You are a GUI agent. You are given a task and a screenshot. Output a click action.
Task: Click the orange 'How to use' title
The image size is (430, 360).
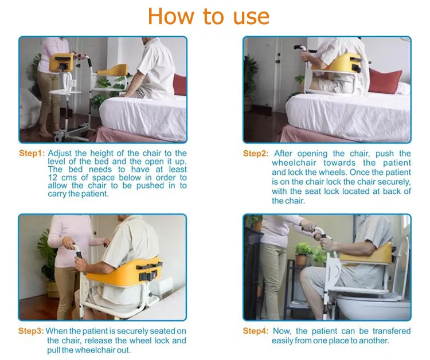click(209, 17)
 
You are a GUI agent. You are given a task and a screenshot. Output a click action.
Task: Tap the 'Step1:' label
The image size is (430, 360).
click(32, 153)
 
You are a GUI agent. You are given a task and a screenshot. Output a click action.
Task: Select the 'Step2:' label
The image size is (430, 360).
click(256, 153)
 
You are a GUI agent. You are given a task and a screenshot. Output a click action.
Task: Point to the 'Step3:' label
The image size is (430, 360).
click(31, 331)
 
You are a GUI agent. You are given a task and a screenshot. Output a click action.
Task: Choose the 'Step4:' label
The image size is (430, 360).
click(256, 331)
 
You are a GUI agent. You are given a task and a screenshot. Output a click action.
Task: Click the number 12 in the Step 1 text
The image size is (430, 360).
click(53, 178)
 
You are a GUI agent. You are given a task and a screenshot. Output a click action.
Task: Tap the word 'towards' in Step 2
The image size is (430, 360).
click(339, 163)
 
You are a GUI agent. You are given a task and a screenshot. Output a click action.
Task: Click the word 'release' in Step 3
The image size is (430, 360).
click(99, 341)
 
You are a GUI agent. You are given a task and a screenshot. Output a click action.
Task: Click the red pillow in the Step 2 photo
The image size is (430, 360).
click(385, 81)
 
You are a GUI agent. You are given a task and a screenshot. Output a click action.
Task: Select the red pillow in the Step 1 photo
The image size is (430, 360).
click(180, 85)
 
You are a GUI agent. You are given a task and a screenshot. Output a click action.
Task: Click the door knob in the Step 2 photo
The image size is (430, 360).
click(278, 61)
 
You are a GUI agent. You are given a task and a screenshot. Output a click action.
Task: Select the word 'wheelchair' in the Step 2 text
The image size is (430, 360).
click(294, 163)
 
